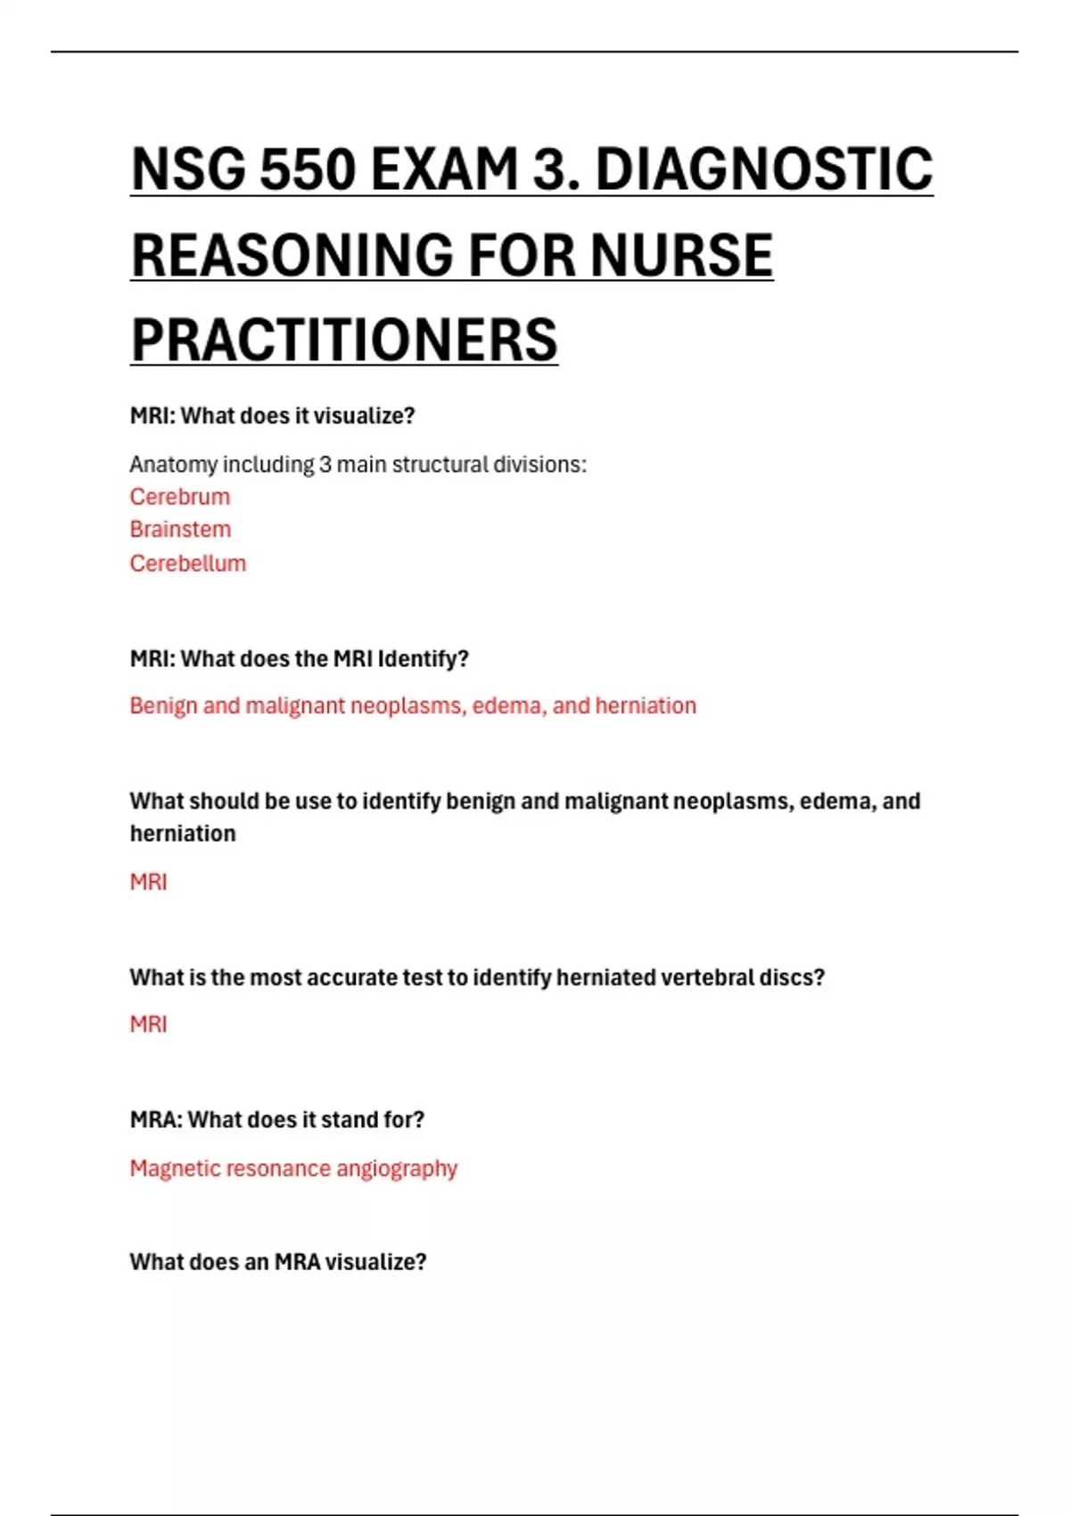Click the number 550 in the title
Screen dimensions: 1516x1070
click(x=308, y=169)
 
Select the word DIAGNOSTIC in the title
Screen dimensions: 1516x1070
click(x=764, y=169)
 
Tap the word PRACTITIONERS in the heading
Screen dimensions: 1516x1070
click(x=344, y=340)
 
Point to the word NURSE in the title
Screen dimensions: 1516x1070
click(x=682, y=255)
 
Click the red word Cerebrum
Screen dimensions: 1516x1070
click(x=180, y=497)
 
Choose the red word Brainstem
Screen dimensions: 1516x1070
click(x=180, y=530)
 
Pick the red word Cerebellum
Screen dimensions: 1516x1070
click(x=188, y=564)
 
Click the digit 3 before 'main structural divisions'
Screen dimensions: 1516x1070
click(x=325, y=465)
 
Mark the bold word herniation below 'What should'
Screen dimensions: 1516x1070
click(x=183, y=834)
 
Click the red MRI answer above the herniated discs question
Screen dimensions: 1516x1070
click(x=148, y=882)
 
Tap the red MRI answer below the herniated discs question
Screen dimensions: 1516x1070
click(x=148, y=1025)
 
